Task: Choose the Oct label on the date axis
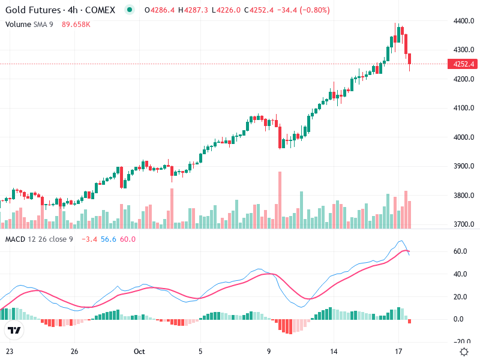[140, 351]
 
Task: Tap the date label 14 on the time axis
[334, 351]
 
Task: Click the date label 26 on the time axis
[74, 351]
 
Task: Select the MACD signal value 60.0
[128, 239]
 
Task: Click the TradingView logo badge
[14, 331]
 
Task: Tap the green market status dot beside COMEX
[129, 10]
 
